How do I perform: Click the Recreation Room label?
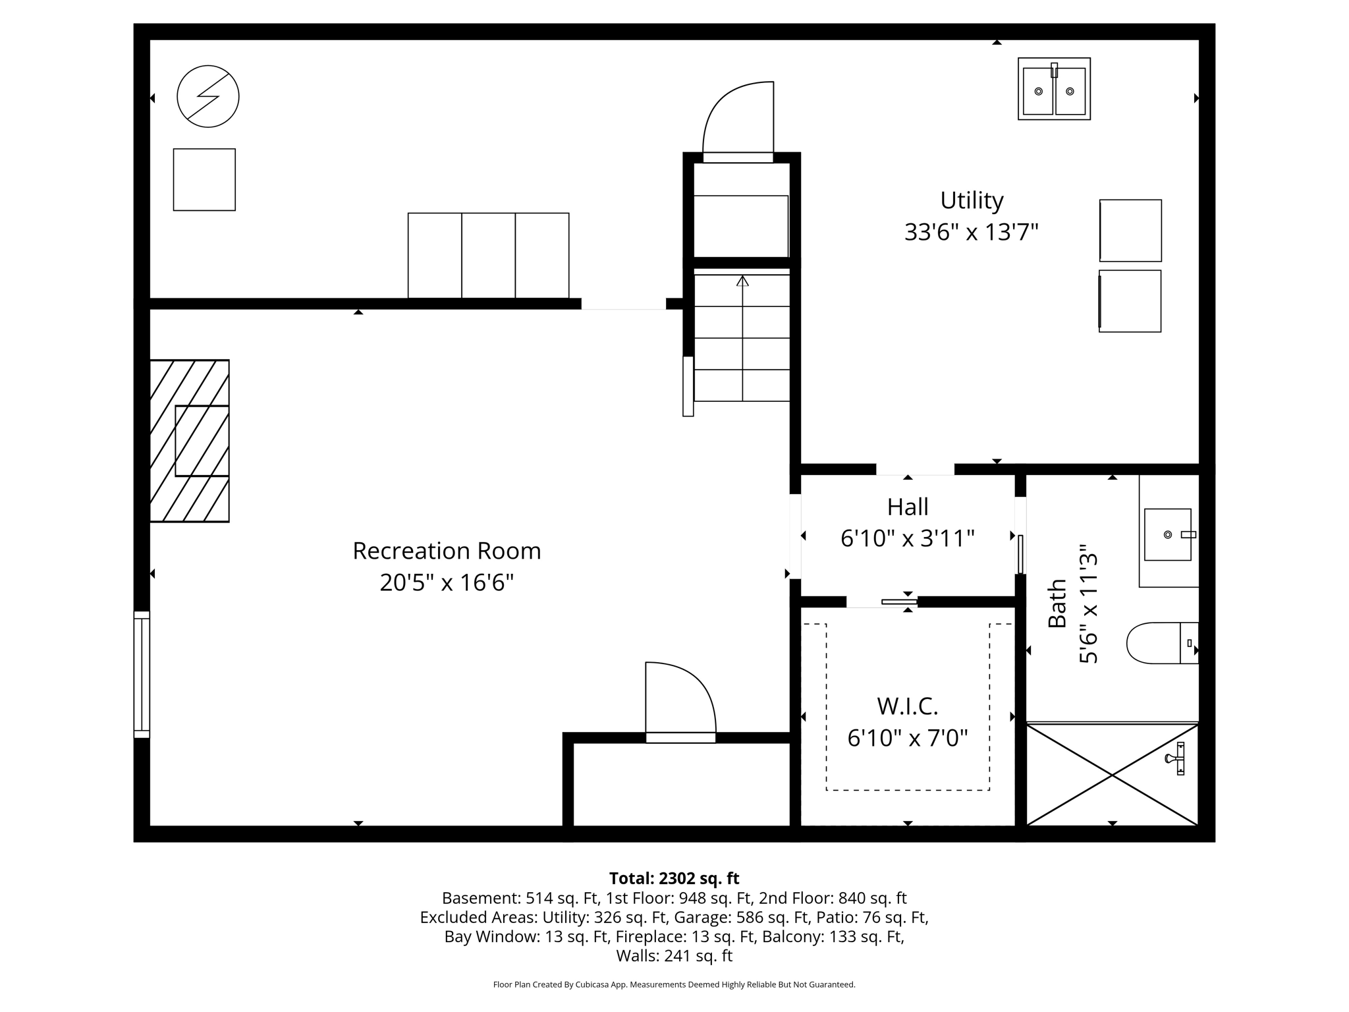[447, 551]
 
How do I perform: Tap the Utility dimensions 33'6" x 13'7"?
[971, 232]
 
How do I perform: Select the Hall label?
[907, 507]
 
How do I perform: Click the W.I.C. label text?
[907, 706]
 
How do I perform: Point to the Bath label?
[1057, 603]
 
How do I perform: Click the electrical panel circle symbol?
[208, 96]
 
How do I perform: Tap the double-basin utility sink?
[1054, 89]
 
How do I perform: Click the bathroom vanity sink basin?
[1167, 534]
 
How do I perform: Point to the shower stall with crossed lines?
[1112, 775]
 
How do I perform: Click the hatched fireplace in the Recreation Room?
[190, 441]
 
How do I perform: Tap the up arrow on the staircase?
[742, 282]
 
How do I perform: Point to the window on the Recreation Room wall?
[142, 674]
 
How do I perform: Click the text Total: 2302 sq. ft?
[674, 878]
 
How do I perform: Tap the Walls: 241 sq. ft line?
[674, 955]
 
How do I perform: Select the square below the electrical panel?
[204, 180]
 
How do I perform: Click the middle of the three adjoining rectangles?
[488, 256]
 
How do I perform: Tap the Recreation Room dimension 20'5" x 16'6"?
[447, 582]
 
